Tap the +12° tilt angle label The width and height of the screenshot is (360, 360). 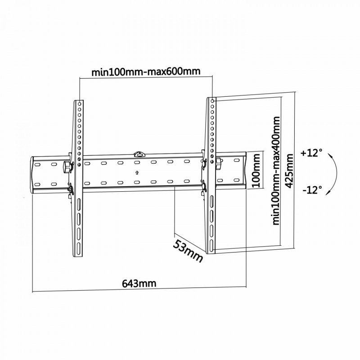click(x=312, y=153)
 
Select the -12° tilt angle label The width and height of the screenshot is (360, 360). click(x=312, y=189)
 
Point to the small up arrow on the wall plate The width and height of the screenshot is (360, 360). click(x=136, y=172)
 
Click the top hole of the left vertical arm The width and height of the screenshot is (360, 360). click(x=79, y=104)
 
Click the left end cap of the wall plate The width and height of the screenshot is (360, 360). click(x=35, y=175)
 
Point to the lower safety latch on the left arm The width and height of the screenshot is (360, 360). click(x=70, y=189)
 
